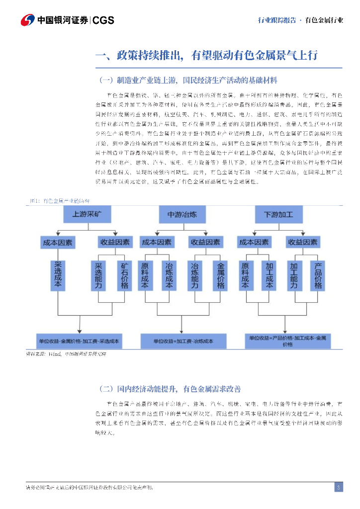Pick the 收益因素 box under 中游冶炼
click(205, 242)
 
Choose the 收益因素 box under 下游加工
click(302, 242)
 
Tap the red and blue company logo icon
click(28, 20)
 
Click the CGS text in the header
click(103, 20)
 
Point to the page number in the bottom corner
click(338, 487)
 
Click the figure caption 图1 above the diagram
click(59, 201)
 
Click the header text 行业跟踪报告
click(277, 20)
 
